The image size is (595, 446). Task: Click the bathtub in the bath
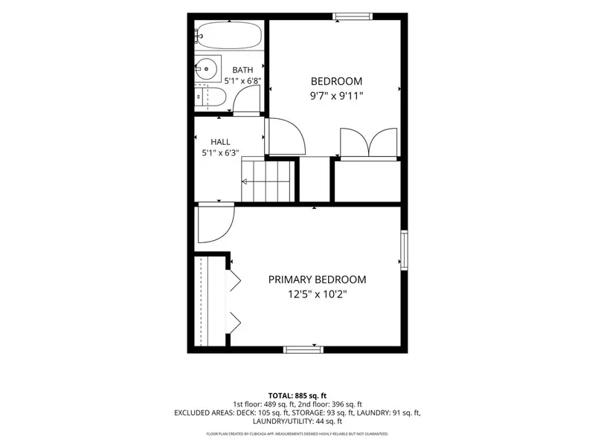tap(229, 35)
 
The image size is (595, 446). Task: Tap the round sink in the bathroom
tap(207, 68)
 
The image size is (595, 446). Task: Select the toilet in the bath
tap(210, 97)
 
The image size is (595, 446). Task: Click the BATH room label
tap(242, 70)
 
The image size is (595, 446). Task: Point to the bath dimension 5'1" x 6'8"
tap(242, 81)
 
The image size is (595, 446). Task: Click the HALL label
tap(220, 142)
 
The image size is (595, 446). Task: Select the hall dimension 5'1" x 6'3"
tap(220, 153)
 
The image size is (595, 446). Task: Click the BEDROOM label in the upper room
tap(337, 81)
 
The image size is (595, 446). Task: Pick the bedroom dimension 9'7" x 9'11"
tap(337, 96)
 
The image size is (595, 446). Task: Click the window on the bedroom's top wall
tap(353, 16)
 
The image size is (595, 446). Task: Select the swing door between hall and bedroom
tap(285, 137)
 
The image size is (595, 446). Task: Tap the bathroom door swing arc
tap(246, 100)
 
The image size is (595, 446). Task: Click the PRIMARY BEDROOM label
tap(318, 280)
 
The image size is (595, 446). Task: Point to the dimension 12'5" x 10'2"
tap(318, 294)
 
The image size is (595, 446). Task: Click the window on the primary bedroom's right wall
tap(404, 251)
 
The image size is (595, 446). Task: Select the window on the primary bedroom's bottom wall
tap(303, 349)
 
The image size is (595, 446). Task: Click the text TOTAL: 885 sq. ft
tap(297, 396)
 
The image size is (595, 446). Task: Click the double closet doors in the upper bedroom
tap(368, 143)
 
